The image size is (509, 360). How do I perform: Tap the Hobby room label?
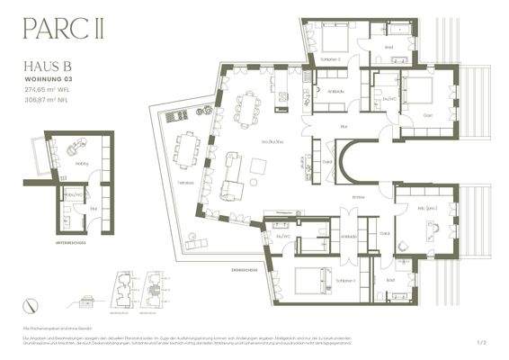[82, 164]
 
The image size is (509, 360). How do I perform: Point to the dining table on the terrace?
[188, 148]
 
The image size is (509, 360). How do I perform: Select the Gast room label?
[430, 116]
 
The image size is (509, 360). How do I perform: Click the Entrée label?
[358, 196]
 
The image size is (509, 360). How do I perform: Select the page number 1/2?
[481, 342]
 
